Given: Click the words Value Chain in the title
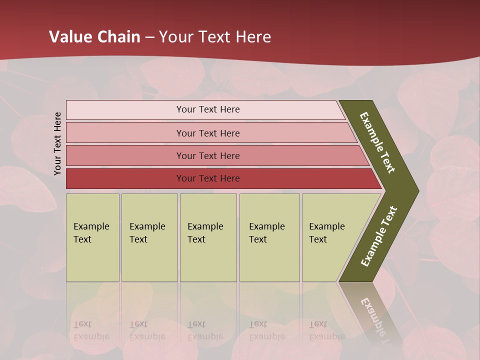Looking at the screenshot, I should (94, 37).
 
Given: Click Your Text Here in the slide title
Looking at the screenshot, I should (215, 37).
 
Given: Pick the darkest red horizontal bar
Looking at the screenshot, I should (125, 178).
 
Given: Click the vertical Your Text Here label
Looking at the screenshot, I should (57, 143).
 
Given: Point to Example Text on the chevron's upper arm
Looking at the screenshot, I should (377, 142).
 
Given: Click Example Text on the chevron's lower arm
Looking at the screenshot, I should (378, 236).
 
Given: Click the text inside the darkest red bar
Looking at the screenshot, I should (208, 178).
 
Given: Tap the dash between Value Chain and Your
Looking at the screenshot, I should (149, 37).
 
